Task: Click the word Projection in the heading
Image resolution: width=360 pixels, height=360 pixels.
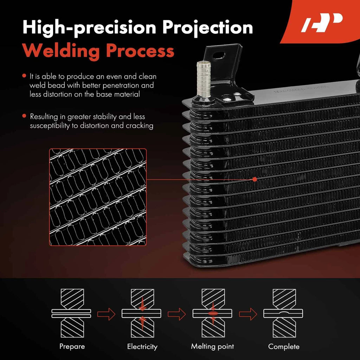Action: pos(207,27)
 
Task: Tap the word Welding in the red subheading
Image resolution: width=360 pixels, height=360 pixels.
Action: pos(61,51)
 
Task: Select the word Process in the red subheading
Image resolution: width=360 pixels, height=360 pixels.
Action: pos(140,51)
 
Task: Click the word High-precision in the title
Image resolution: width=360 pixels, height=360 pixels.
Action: pos(89,27)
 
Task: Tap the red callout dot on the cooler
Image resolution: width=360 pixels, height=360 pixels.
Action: pos(255,179)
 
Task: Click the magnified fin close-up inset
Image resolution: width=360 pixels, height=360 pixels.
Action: pos(98,197)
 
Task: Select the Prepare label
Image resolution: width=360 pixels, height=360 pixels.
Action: pos(72,346)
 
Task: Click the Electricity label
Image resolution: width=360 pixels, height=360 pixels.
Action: pos(142,346)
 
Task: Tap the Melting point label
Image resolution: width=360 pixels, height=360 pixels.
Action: pos(212,346)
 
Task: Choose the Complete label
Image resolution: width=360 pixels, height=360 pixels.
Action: pos(284,346)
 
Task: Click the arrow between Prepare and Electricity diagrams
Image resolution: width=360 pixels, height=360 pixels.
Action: pos(106,314)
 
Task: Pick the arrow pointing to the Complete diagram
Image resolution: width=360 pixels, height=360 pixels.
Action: pos(248,314)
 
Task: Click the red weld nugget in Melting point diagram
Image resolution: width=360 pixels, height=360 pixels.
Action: pos(213,313)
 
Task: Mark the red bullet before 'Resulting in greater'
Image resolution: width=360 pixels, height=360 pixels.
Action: pos(24,116)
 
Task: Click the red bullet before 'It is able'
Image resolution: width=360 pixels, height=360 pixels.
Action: pos(24,76)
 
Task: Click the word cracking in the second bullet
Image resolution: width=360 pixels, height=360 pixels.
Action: pos(140,126)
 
